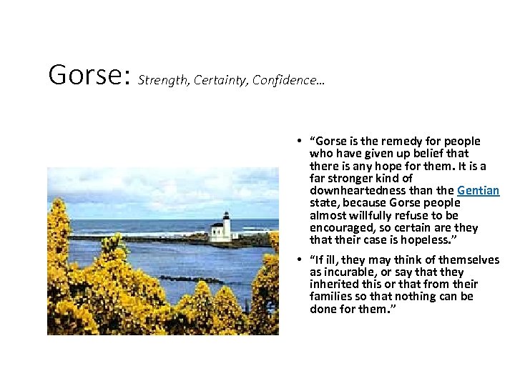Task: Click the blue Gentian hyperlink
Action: pyautogui.click(x=478, y=191)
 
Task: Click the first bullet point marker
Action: pyautogui.click(x=303, y=142)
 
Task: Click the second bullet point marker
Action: pyautogui.click(x=303, y=260)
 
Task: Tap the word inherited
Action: pyautogui.click(x=333, y=284)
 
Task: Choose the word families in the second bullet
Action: pyautogui.click(x=330, y=297)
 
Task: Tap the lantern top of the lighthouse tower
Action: pyautogui.click(x=225, y=215)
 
